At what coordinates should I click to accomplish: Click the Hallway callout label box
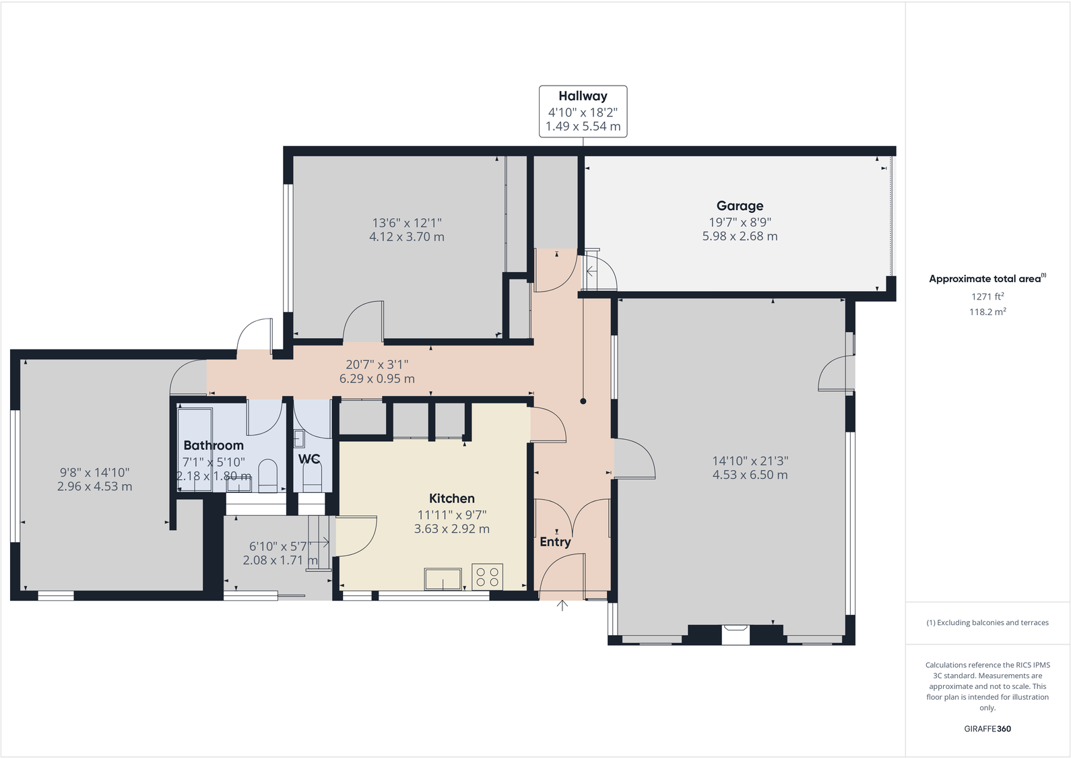tap(583, 111)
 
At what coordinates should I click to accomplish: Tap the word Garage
tap(740, 206)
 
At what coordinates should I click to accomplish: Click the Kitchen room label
tap(451, 498)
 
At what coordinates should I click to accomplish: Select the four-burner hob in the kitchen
tap(487, 576)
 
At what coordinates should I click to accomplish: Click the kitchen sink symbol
tap(443, 579)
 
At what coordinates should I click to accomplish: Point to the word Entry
tap(555, 541)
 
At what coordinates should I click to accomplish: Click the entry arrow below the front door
tap(562, 605)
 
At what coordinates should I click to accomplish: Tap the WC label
tap(309, 459)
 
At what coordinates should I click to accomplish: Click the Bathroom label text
tap(214, 445)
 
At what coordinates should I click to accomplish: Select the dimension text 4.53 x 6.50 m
tap(750, 475)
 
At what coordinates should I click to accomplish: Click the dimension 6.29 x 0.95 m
tap(377, 378)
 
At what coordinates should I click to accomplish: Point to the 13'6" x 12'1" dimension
tap(406, 222)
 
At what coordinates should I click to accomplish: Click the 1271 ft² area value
tap(987, 296)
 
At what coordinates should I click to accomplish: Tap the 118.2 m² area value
tap(987, 312)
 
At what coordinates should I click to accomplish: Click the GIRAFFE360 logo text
tap(987, 729)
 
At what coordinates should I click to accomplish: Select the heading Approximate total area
tap(985, 279)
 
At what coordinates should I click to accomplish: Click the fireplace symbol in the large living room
tap(736, 634)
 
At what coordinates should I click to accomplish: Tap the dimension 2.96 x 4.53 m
tap(94, 486)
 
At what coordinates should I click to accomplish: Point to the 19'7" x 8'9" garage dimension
tap(740, 222)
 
